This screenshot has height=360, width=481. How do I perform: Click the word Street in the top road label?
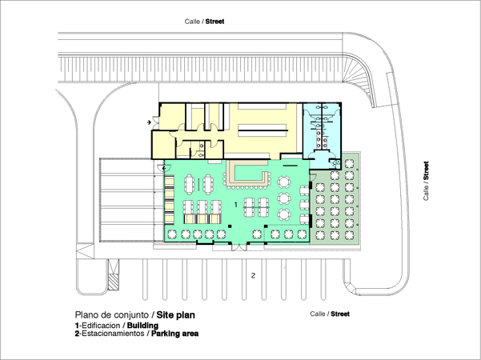pos(214,22)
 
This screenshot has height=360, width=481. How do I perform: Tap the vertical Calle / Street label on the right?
pos(426,181)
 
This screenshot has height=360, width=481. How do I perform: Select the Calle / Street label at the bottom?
pos(330,314)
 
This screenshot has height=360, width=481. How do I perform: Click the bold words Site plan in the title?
pos(176,315)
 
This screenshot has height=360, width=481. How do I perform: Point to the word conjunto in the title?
pos(132,315)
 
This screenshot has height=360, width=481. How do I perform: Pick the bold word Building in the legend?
pos(142,326)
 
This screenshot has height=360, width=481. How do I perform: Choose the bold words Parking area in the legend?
pos(174,334)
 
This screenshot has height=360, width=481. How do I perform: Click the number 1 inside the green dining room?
pos(235,205)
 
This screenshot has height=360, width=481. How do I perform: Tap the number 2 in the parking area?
pos(253,276)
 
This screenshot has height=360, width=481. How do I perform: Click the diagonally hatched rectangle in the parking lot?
pos(113,282)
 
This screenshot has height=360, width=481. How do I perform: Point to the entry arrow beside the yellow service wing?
pos(150,122)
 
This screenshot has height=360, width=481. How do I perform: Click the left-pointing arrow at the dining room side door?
pos(164,168)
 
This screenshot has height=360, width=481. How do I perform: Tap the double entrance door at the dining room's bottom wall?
pos(239,246)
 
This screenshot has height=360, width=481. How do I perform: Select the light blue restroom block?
pos(322,135)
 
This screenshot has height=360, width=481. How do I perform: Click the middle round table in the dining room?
pos(284,198)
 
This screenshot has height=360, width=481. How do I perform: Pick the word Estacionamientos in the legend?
pos(113,334)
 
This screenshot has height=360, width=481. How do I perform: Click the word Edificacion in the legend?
pos(101,326)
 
